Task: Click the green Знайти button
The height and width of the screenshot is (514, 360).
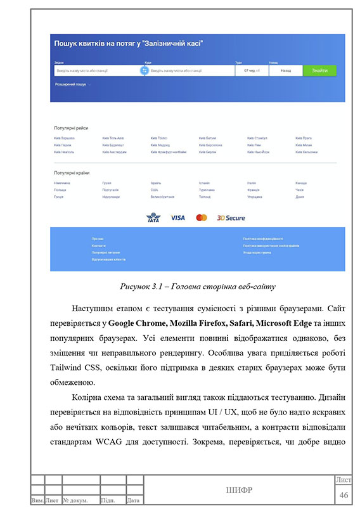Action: [x=319, y=71]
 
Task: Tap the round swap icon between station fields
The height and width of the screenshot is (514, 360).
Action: [x=144, y=71]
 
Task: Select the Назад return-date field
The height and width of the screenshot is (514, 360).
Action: [x=285, y=71]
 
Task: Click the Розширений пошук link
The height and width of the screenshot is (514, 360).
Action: [x=71, y=84]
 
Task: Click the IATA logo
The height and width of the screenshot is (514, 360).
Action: [x=153, y=217]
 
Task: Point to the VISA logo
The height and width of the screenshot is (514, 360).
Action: [x=178, y=217]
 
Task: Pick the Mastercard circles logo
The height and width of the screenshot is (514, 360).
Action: [x=202, y=217]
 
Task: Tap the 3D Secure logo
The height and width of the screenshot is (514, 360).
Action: [x=231, y=217]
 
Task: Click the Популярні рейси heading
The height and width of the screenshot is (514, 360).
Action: [x=71, y=127]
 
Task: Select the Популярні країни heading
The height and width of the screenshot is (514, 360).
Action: [x=72, y=173]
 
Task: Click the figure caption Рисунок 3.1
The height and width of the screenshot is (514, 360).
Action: [x=198, y=286]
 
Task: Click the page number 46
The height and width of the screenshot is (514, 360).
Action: [x=344, y=494]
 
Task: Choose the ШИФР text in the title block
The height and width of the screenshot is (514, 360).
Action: [x=239, y=490]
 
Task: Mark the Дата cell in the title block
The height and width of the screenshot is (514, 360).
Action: [x=134, y=501]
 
